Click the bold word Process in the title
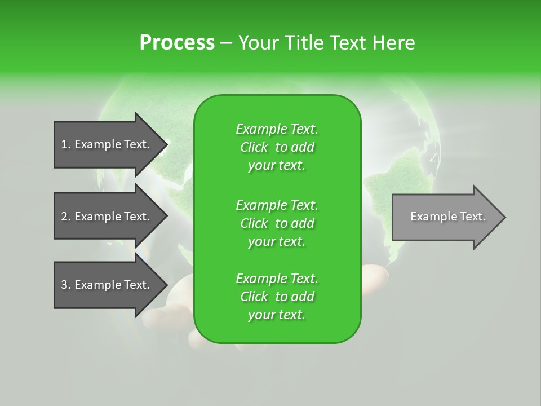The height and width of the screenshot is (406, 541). tap(177, 43)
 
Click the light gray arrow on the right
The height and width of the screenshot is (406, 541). tap(445, 217)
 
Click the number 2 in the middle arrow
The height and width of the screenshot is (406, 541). tap(64, 217)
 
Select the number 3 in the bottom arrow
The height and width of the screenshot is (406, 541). tap(64, 285)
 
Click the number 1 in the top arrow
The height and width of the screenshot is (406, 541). tap(64, 144)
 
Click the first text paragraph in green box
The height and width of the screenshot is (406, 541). tap(277, 147)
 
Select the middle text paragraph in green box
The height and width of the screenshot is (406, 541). tap(277, 223)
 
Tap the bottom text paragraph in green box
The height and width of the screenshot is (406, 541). tap(277, 297)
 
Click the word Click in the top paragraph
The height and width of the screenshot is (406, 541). tap(254, 147)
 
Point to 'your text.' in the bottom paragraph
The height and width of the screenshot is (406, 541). tap(277, 315)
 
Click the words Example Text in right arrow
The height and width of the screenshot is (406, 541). tap(447, 217)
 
